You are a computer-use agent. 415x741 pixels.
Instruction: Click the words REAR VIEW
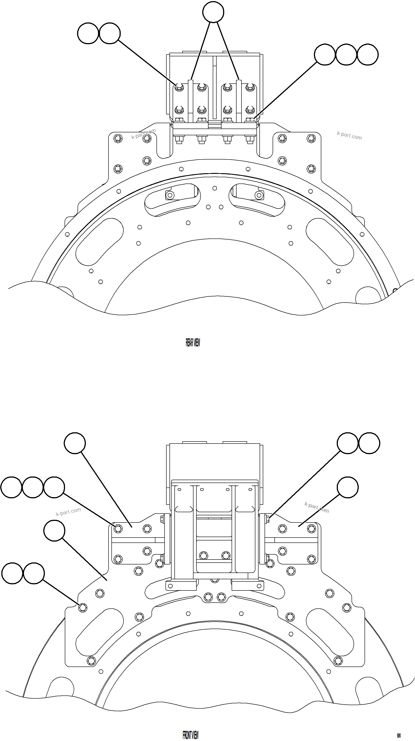pos(193,343)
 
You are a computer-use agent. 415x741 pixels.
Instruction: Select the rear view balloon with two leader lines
pos(213,12)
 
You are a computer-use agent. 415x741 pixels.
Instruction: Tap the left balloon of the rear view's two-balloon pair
pos(88,33)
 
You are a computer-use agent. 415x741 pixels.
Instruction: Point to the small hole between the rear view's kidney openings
pos(214,188)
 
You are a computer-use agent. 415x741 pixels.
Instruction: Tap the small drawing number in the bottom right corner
pos(399,733)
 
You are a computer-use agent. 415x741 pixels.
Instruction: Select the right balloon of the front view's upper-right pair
pos(369,443)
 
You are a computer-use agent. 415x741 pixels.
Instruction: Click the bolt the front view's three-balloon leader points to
pos(118,528)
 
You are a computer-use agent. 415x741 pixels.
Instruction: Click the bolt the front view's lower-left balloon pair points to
pos(83,607)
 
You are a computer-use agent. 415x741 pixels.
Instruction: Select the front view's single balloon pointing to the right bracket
pos(348,487)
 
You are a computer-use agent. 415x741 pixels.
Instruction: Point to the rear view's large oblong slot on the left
pos(100,242)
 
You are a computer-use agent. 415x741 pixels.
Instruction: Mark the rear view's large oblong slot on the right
pos(330,242)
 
